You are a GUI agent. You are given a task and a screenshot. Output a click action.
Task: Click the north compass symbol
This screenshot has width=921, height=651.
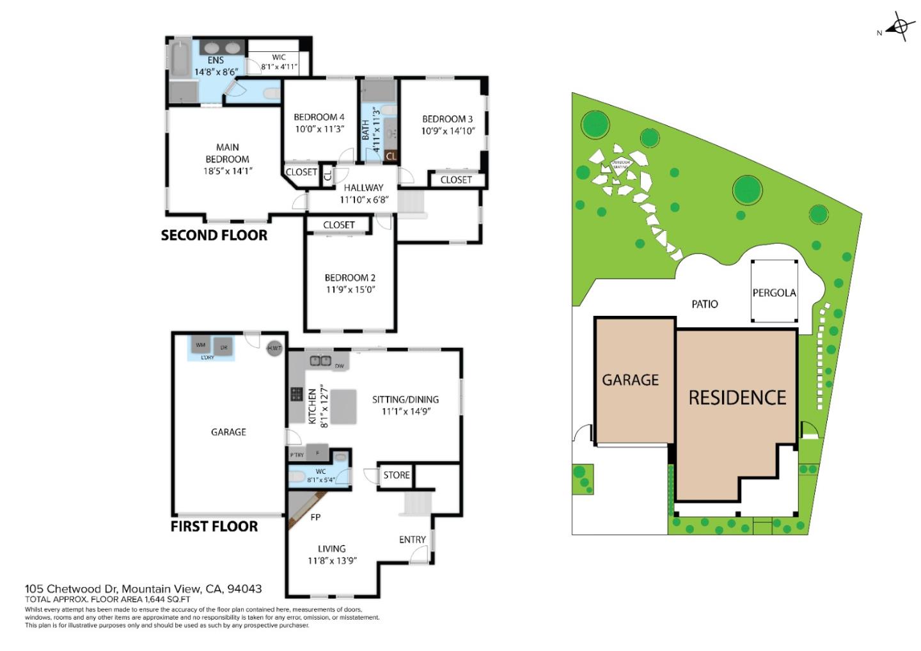900,27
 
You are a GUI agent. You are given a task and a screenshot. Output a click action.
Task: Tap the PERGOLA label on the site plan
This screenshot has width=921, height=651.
774,293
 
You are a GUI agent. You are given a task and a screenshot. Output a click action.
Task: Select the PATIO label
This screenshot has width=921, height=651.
704,304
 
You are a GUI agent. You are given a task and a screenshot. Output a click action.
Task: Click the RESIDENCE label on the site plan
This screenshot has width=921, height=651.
737,398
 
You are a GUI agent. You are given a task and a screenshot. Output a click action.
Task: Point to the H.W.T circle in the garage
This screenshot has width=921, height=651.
274,349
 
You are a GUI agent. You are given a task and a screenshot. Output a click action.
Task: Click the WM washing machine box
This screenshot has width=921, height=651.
201,345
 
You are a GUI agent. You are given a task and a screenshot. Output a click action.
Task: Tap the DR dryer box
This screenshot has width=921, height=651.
223,347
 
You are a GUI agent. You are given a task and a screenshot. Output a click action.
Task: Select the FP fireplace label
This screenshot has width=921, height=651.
315,517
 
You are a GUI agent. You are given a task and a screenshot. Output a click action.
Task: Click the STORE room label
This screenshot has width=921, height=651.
397,475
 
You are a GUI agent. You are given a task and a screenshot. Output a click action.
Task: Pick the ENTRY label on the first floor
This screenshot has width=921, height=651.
412,540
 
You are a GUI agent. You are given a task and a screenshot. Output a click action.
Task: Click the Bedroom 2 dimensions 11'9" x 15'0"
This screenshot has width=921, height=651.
350,290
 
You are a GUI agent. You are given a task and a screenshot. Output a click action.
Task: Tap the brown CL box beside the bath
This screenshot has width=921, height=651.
391,155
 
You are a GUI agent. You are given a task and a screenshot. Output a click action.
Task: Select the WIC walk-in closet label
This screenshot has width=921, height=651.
279,58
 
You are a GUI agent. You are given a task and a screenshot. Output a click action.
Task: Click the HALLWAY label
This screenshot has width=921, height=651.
363,188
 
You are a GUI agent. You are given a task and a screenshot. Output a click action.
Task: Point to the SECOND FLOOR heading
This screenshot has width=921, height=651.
214,235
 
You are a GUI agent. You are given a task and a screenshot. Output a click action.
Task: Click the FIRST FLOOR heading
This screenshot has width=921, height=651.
214,526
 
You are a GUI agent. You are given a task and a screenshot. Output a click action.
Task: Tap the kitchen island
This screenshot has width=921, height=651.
343,407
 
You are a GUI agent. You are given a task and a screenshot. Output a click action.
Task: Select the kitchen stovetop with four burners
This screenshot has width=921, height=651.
296,395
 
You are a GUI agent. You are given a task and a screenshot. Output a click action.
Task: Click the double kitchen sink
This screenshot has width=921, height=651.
320,361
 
